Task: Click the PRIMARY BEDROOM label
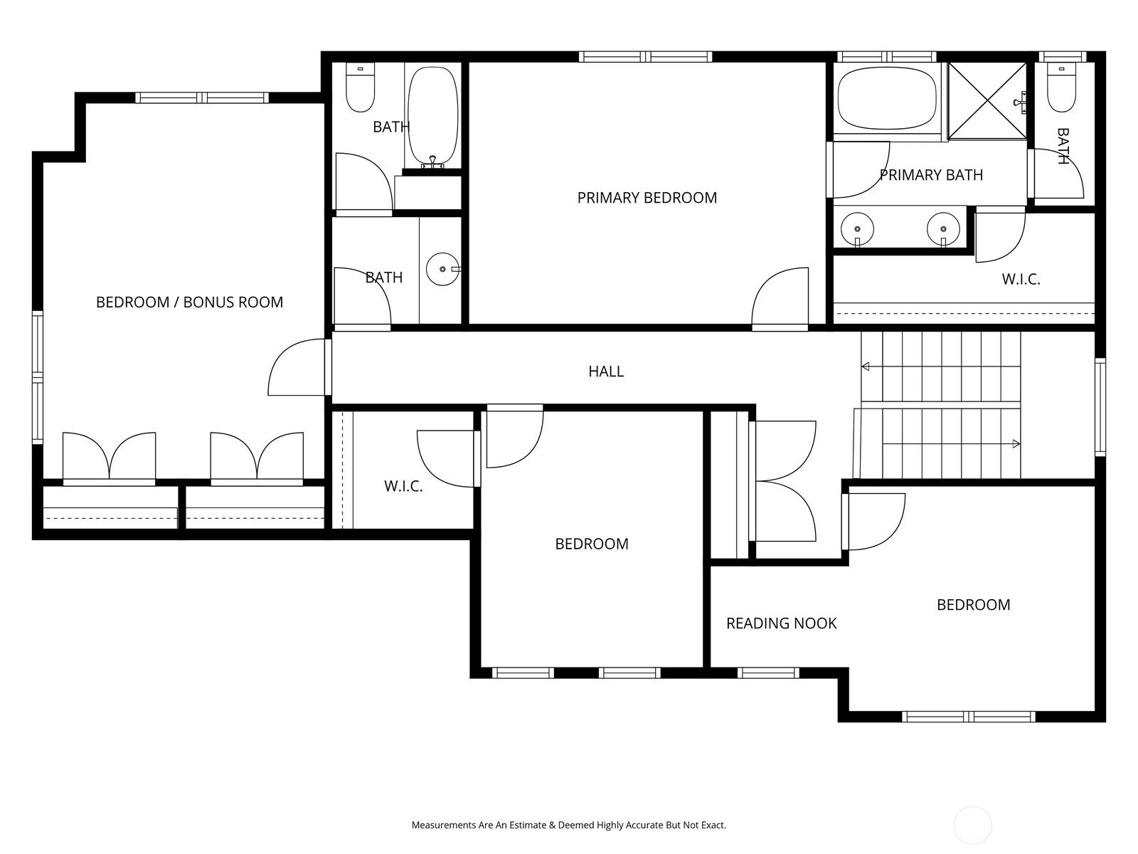click(647, 198)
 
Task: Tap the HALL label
click(605, 371)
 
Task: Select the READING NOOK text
click(781, 623)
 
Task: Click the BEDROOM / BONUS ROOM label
click(189, 302)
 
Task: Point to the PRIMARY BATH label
click(931, 175)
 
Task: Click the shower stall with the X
click(987, 100)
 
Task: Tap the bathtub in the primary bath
click(887, 97)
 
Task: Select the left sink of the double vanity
click(857, 229)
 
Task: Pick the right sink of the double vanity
click(943, 229)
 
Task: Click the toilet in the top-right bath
click(1060, 87)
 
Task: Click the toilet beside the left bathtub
click(360, 87)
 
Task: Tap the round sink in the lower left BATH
click(443, 269)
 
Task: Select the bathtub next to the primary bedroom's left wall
click(433, 116)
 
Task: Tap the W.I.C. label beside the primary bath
click(1021, 280)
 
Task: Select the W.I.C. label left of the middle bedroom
click(403, 486)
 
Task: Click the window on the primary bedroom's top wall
click(646, 56)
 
